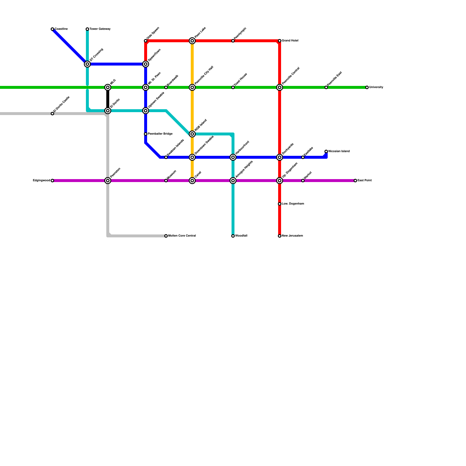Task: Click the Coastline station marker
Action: (x=52, y=29)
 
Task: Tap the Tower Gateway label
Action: (x=100, y=29)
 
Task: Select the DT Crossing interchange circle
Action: (x=87, y=64)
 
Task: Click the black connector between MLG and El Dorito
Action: (x=108, y=99)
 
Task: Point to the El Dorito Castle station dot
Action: (x=52, y=114)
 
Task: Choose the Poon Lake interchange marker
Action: (x=192, y=41)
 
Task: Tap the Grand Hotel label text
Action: (x=290, y=41)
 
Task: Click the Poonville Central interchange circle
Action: (x=280, y=87)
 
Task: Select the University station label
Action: (x=376, y=87)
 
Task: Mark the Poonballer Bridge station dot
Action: (x=146, y=134)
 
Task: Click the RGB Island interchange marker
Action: (x=192, y=134)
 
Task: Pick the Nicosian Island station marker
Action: (x=326, y=151)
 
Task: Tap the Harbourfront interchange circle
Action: (x=233, y=157)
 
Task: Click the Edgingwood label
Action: (x=42, y=181)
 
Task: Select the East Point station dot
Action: (x=355, y=181)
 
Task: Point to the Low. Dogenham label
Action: (x=293, y=204)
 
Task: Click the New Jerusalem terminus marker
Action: (x=280, y=236)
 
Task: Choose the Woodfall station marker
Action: (x=233, y=236)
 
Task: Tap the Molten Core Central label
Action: (x=182, y=236)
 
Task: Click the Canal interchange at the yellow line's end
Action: (x=192, y=181)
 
